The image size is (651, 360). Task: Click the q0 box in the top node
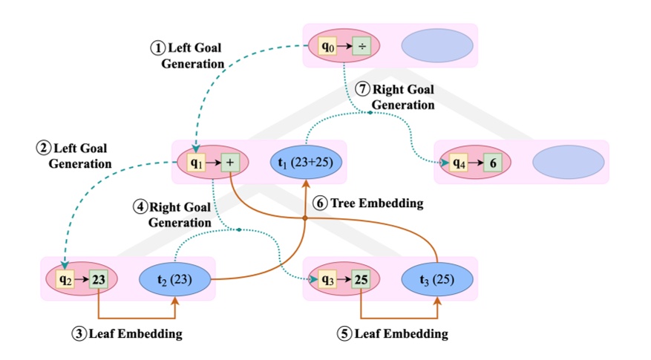pyautogui.click(x=327, y=47)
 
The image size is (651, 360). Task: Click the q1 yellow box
pyautogui.click(x=197, y=162)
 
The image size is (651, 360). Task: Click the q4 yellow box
pyautogui.click(x=458, y=163)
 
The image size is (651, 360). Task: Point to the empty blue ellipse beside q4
pyautogui.click(x=568, y=163)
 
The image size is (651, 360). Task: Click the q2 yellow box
pyautogui.click(x=65, y=279)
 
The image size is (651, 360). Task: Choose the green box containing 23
pyautogui.click(x=99, y=279)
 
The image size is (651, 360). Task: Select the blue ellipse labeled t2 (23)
pyautogui.click(x=176, y=279)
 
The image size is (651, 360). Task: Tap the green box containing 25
pyautogui.click(x=361, y=279)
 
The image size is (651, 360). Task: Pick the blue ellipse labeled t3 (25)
pyautogui.click(x=437, y=279)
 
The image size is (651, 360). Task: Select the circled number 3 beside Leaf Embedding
pyautogui.click(x=79, y=334)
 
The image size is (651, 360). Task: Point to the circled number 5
pyautogui.click(x=344, y=334)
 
